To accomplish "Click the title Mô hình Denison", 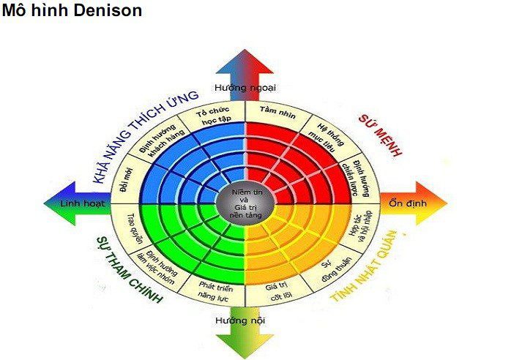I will (71, 11).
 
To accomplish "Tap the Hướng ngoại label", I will (245, 88).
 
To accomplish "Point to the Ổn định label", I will (406, 203).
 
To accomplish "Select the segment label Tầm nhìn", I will (276, 109).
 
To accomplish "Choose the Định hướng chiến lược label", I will (354, 173).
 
